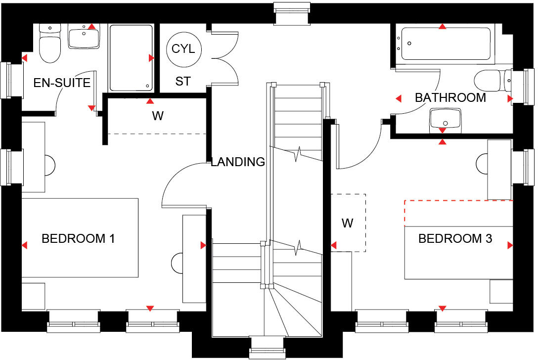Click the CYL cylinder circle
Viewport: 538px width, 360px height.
click(x=183, y=49)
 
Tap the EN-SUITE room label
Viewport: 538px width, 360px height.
click(x=62, y=83)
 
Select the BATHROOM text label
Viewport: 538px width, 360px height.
click(x=450, y=97)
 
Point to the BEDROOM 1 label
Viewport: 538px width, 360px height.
click(x=78, y=239)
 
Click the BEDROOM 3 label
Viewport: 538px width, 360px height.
click(x=455, y=239)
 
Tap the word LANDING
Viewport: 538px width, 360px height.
click(x=238, y=162)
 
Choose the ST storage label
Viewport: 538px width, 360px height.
click(x=183, y=82)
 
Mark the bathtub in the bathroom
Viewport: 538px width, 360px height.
click(x=446, y=45)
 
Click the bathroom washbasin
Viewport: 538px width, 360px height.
click(x=446, y=119)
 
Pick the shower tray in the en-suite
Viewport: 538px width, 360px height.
click(x=131, y=58)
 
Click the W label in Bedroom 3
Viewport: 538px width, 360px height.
click(x=348, y=223)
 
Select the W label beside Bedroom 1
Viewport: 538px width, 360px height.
click(x=157, y=116)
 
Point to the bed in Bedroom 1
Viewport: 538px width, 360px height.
click(x=79, y=238)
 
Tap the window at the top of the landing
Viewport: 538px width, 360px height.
click(x=294, y=13)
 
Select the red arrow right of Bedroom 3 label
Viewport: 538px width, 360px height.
click(x=510, y=245)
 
